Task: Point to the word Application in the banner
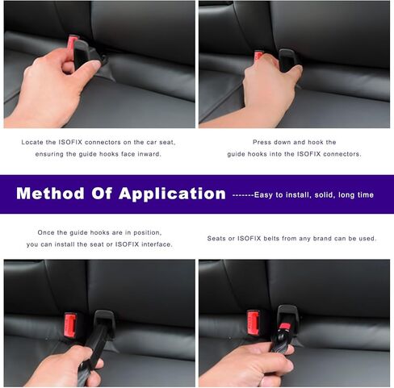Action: [171, 194]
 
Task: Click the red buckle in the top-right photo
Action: [259, 56]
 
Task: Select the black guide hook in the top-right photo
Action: [287, 60]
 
